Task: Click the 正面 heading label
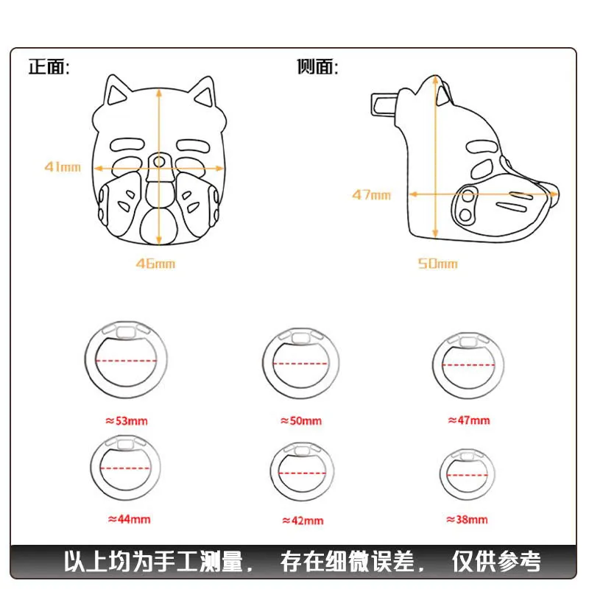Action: point(49,67)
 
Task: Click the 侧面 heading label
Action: point(317,67)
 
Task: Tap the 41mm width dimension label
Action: point(63,167)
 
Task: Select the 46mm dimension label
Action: point(155,264)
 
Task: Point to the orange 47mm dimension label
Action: point(372,194)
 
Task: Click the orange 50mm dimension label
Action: point(438,264)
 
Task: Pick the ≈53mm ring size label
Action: point(127,420)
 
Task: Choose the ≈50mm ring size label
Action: point(301,420)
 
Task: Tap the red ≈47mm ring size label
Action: point(469,420)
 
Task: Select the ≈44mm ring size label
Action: point(130,519)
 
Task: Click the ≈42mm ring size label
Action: point(303,521)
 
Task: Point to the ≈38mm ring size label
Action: point(467,520)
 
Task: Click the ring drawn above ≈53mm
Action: point(85,361)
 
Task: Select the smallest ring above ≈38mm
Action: point(441,474)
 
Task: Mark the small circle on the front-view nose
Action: point(159,162)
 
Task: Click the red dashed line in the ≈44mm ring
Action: point(125,468)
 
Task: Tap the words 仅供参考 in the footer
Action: point(496,562)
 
